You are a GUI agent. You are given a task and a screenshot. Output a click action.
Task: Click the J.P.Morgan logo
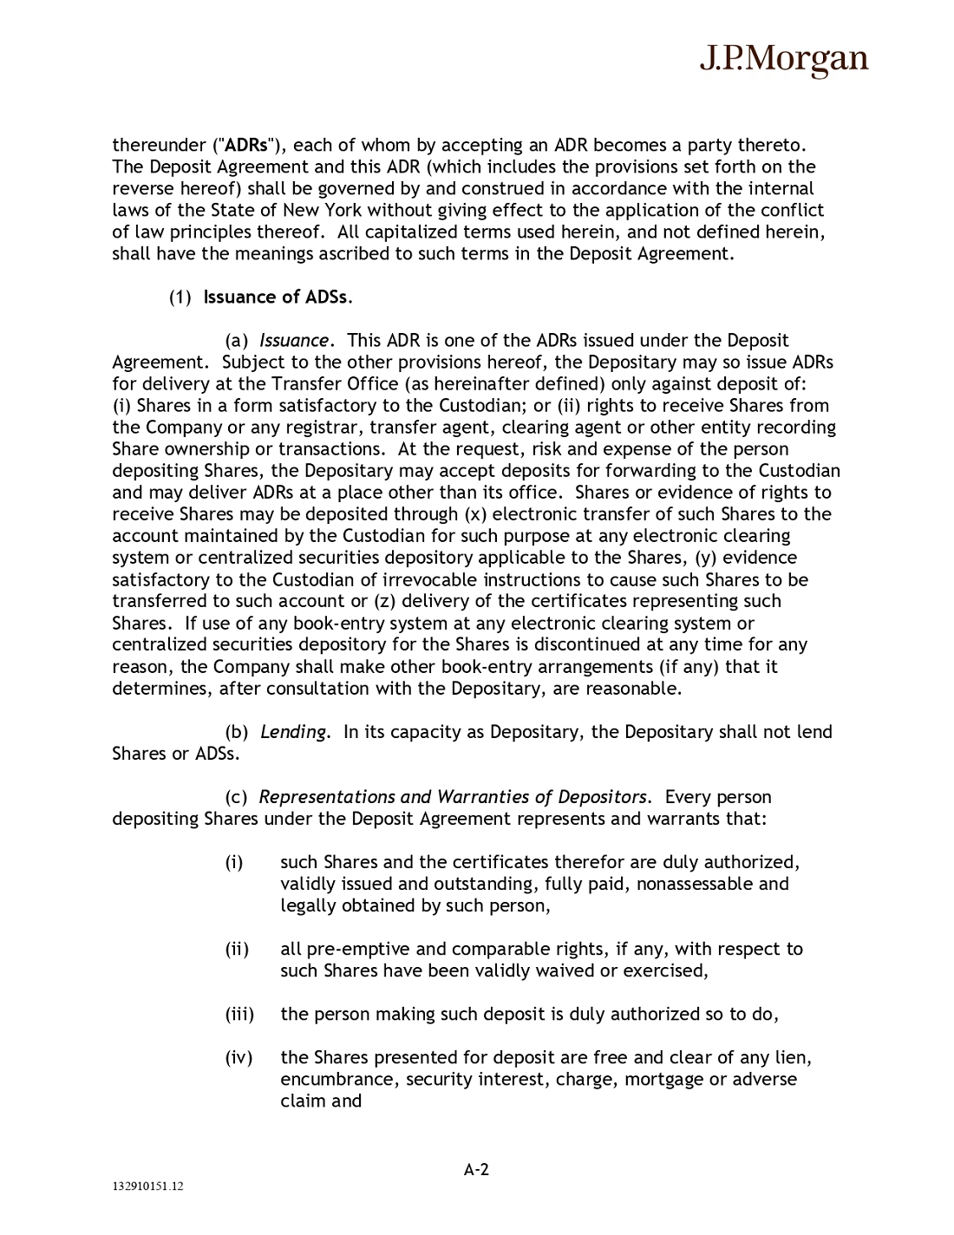pyautogui.click(x=783, y=59)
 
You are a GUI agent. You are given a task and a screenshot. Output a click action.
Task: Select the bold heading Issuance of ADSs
pyautogui.click(x=278, y=297)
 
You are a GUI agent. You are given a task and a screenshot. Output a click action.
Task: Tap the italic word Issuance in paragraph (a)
pyautogui.click(x=295, y=341)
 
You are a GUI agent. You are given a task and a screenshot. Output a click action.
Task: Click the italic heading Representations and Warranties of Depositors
pyautogui.click(x=454, y=797)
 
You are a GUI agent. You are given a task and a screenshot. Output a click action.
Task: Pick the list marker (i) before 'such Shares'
pyautogui.click(x=234, y=862)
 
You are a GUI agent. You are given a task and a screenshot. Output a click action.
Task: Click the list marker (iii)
pyautogui.click(x=239, y=1014)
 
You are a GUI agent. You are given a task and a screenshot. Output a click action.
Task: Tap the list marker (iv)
pyautogui.click(x=238, y=1057)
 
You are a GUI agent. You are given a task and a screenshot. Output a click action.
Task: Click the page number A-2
pyautogui.click(x=476, y=1170)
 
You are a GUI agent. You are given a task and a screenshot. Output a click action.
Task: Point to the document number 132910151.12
pyautogui.click(x=147, y=1187)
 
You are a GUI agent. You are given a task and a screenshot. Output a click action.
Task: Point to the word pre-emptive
pyautogui.click(x=361, y=949)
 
